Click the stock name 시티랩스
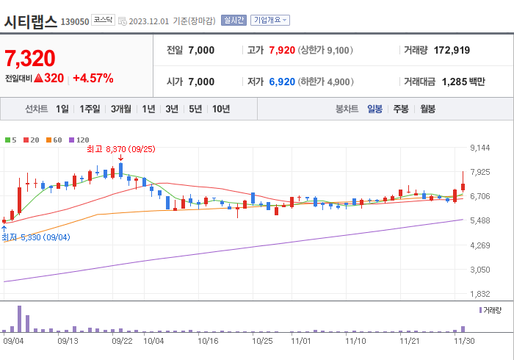[x=30, y=21]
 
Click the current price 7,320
[x=30, y=57]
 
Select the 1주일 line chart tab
[x=90, y=109]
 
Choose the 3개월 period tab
[x=121, y=109]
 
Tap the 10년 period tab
[x=220, y=109]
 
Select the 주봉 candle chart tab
[x=401, y=109]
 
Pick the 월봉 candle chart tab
[x=427, y=109]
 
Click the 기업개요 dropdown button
[x=270, y=21]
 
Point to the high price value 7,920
[x=282, y=50]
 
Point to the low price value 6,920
[x=282, y=82]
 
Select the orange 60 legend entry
[x=54, y=140]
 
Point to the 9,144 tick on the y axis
[x=479, y=148]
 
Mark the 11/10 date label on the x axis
[x=355, y=341]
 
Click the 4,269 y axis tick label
[x=479, y=245]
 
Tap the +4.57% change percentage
[x=93, y=78]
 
